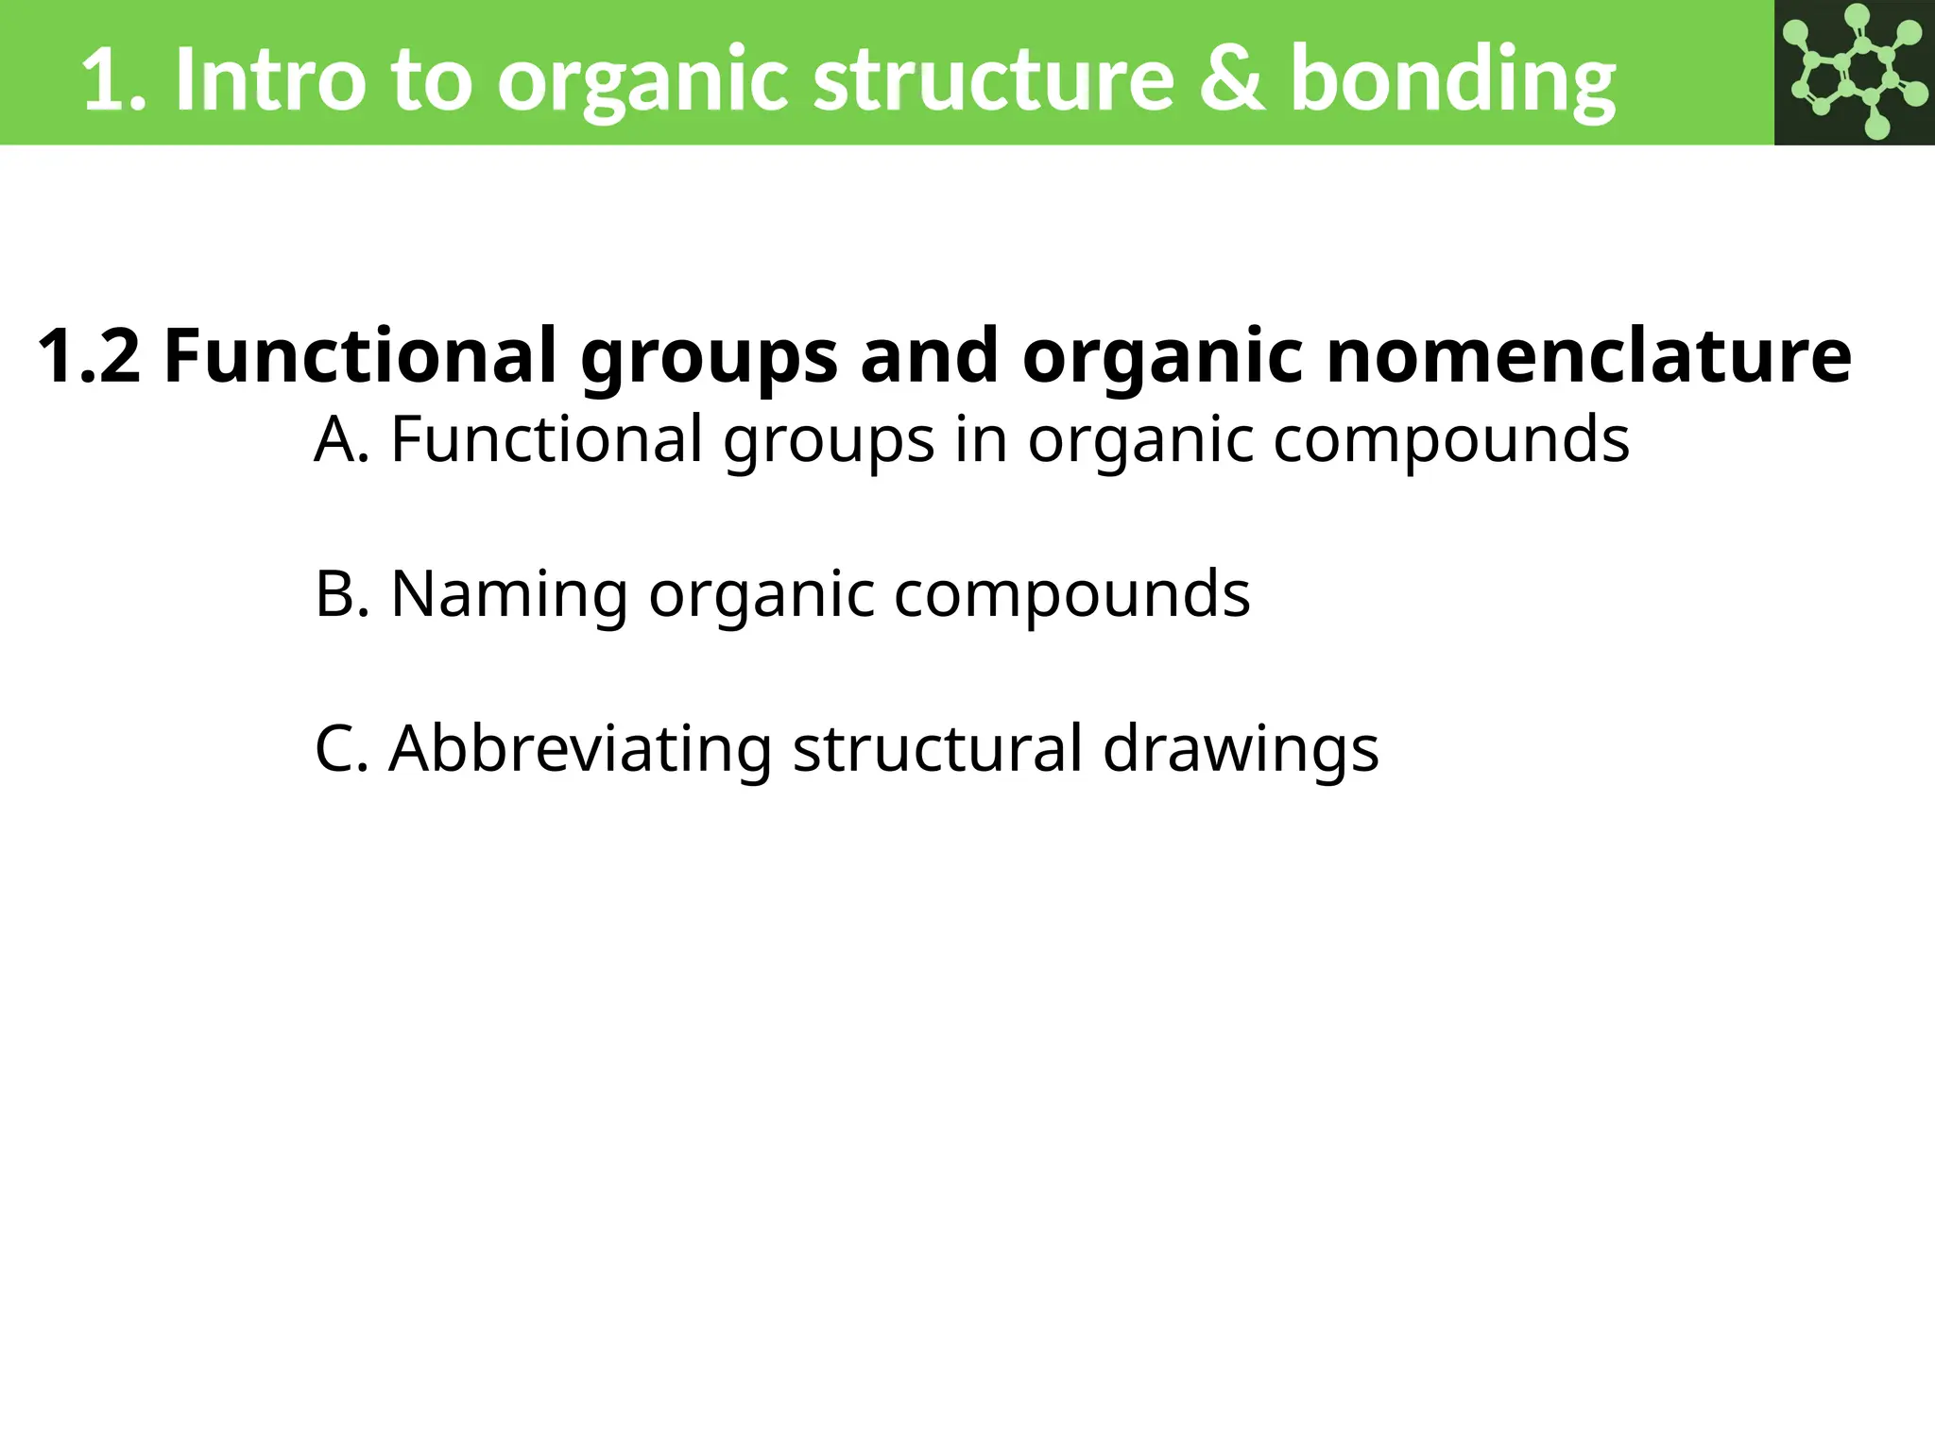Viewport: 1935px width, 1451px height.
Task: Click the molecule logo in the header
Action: click(1854, 72)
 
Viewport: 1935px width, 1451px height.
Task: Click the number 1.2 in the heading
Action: click(89, 355)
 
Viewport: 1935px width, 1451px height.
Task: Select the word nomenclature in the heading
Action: click(1588, 355)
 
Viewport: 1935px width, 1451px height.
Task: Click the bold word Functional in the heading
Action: click(360, 355)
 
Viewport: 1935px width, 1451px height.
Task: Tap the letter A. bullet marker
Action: click(341, 439)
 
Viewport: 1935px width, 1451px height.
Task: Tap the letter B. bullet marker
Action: click(341, 594)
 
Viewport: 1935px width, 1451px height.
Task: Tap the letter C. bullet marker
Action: click(341, 749)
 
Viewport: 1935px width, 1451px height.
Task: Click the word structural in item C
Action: click(936, 749)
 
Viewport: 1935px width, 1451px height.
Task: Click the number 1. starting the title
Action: click(114, 81)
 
